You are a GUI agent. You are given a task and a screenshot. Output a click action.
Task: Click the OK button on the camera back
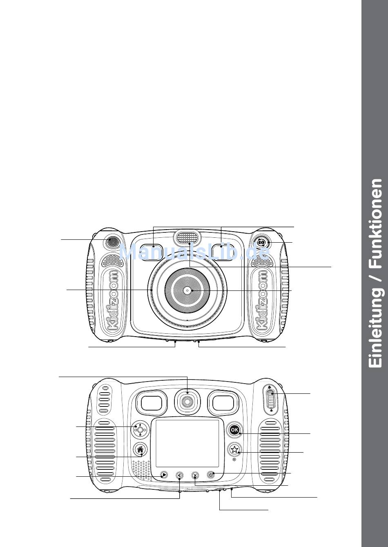[x=234, y=430]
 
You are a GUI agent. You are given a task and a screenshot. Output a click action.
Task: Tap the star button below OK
[x=234, y=450]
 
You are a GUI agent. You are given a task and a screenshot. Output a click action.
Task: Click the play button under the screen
[x=164, y=475]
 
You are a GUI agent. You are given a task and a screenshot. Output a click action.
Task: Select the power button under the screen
[x=211, y=475]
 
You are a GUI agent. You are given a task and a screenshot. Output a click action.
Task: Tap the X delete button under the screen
[x=195, y=475]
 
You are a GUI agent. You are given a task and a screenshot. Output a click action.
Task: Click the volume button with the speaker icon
[x=180, y=475]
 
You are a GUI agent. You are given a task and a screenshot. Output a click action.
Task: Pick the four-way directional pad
[x=140, y=430]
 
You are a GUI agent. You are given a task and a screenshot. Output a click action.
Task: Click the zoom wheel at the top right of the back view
[x=270, y=398]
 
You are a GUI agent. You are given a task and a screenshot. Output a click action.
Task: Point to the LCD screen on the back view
[x=187, y=444]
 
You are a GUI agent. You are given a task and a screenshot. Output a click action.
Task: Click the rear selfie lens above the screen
[x=187, y=401]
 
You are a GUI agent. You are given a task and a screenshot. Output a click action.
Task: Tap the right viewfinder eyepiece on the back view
[x=223, y=403]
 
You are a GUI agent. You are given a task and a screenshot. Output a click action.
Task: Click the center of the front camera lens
[x=187, y=290]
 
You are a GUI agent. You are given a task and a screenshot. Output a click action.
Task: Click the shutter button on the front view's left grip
[x=111, y=242]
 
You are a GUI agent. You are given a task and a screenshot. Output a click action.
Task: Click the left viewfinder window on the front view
[x=154, y=251]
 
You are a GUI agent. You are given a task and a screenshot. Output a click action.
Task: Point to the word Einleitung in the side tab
[x=375, y=329]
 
